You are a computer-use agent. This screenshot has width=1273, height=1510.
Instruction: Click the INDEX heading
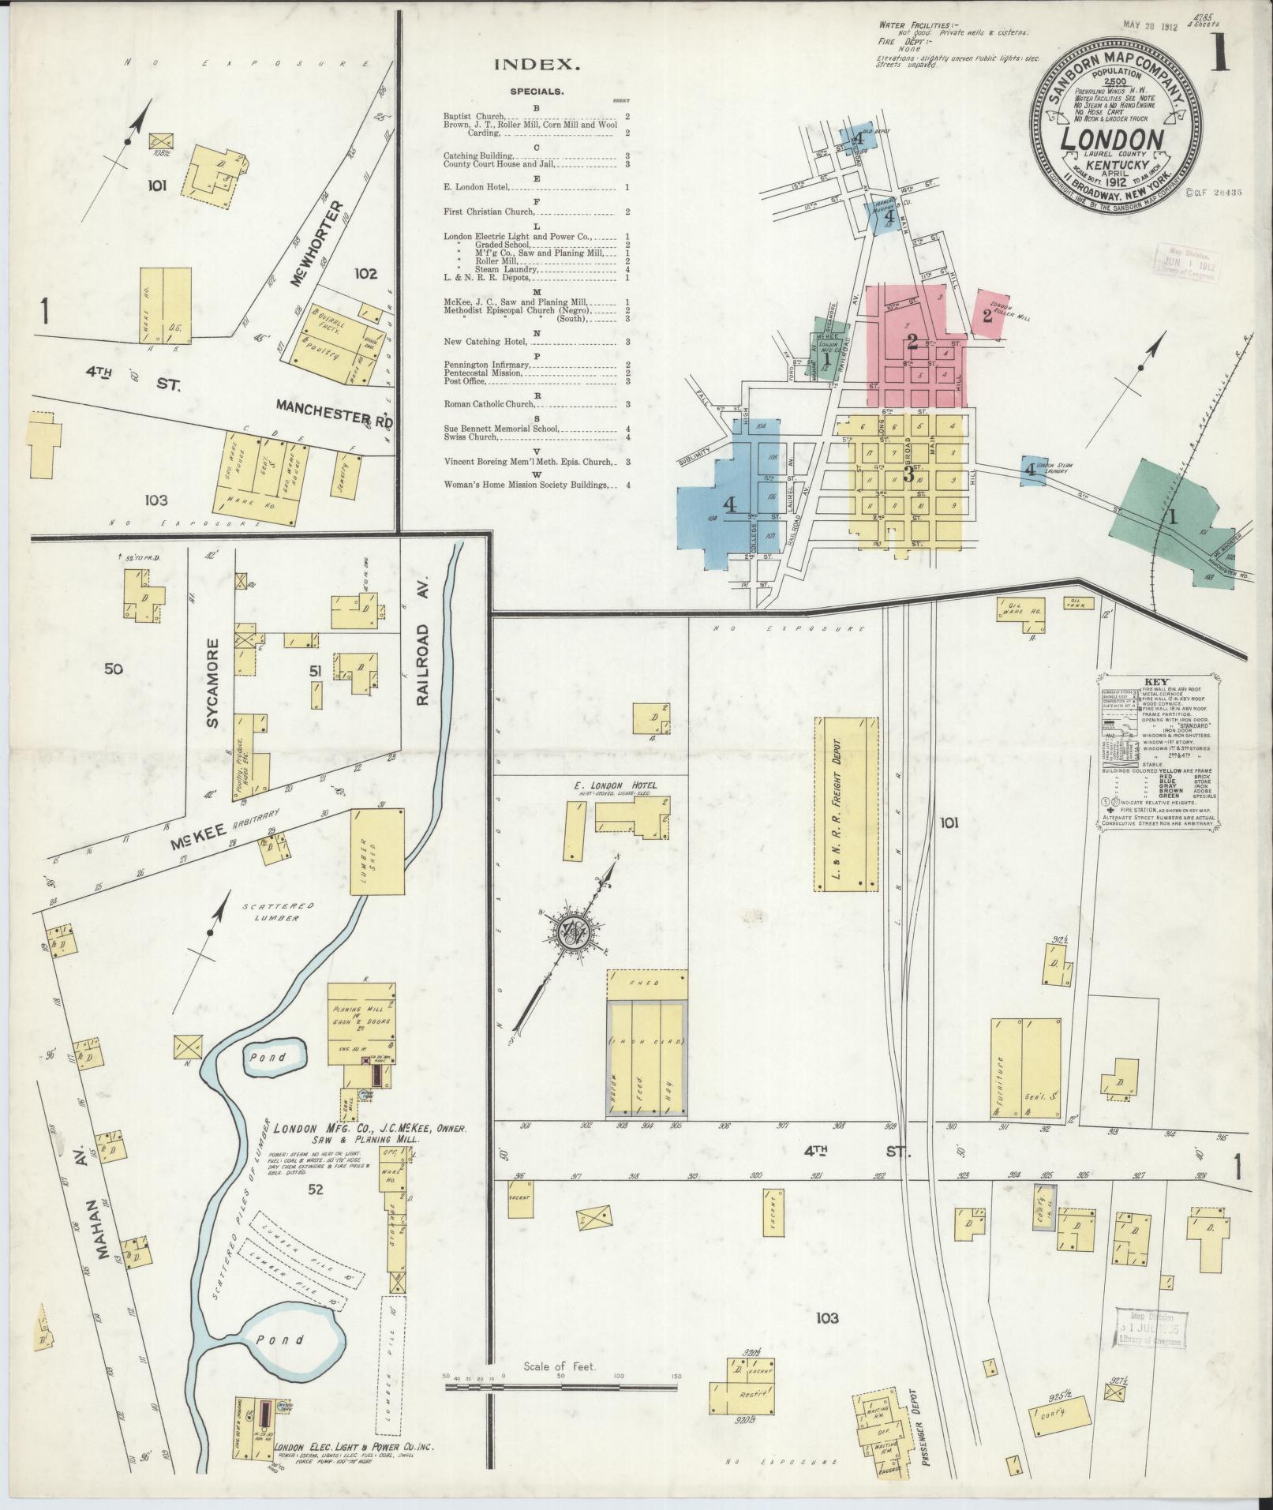coord(537,66)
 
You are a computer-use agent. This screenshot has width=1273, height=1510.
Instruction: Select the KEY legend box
coord(1159,752)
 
